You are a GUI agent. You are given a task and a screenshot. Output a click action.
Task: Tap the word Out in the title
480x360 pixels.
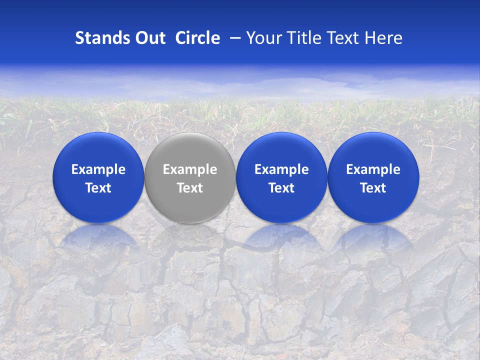(x=149, y=38)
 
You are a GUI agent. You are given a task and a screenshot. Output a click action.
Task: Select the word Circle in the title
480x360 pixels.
(x=197, y=38)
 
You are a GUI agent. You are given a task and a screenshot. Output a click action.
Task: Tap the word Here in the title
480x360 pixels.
(x=384, y=38)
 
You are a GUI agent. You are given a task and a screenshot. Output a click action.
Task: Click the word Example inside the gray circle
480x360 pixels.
(x=190, y=169)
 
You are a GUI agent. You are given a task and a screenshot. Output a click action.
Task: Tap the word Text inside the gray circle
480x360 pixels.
(x=190, y=188)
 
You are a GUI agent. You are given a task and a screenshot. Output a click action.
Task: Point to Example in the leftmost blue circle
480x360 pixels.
(x=98, y=169)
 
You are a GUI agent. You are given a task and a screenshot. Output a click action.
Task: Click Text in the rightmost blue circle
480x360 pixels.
(x=373, y=188)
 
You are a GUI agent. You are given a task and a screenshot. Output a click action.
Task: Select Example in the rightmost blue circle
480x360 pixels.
(x=373, y=169)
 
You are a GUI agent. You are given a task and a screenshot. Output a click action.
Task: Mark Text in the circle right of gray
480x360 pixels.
(x=281, y=188)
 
